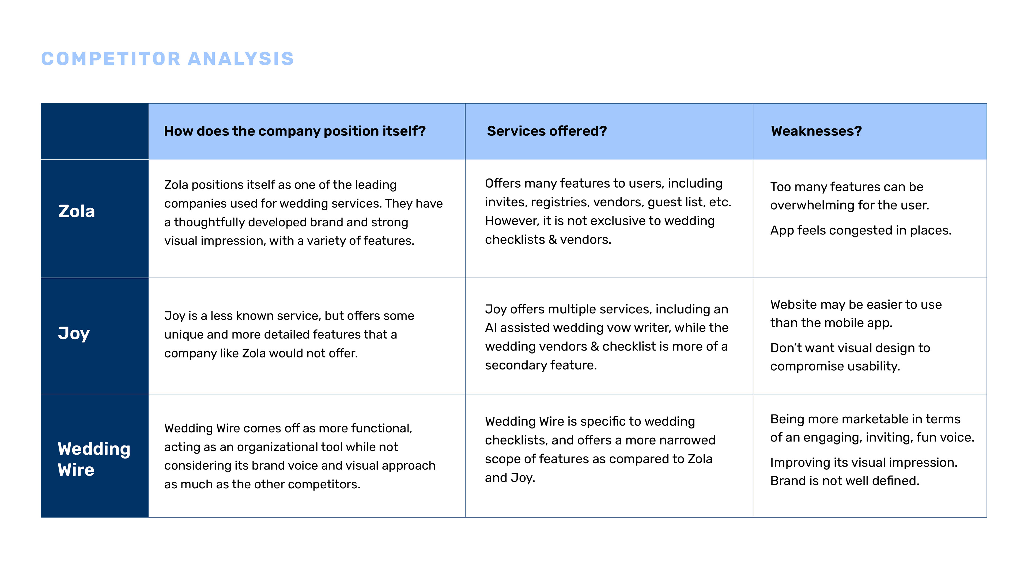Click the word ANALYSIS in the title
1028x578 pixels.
[x=241, y=59]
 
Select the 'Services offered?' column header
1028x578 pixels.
[x=547, y=131]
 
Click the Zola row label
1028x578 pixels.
[x=77, y=211]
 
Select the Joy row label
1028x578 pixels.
[x=74, y=333]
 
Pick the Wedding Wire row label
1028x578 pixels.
[x=94, y=459]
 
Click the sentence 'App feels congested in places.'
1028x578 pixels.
[x=860, y=231]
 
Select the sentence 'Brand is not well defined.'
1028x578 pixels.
[x=844, y=481]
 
